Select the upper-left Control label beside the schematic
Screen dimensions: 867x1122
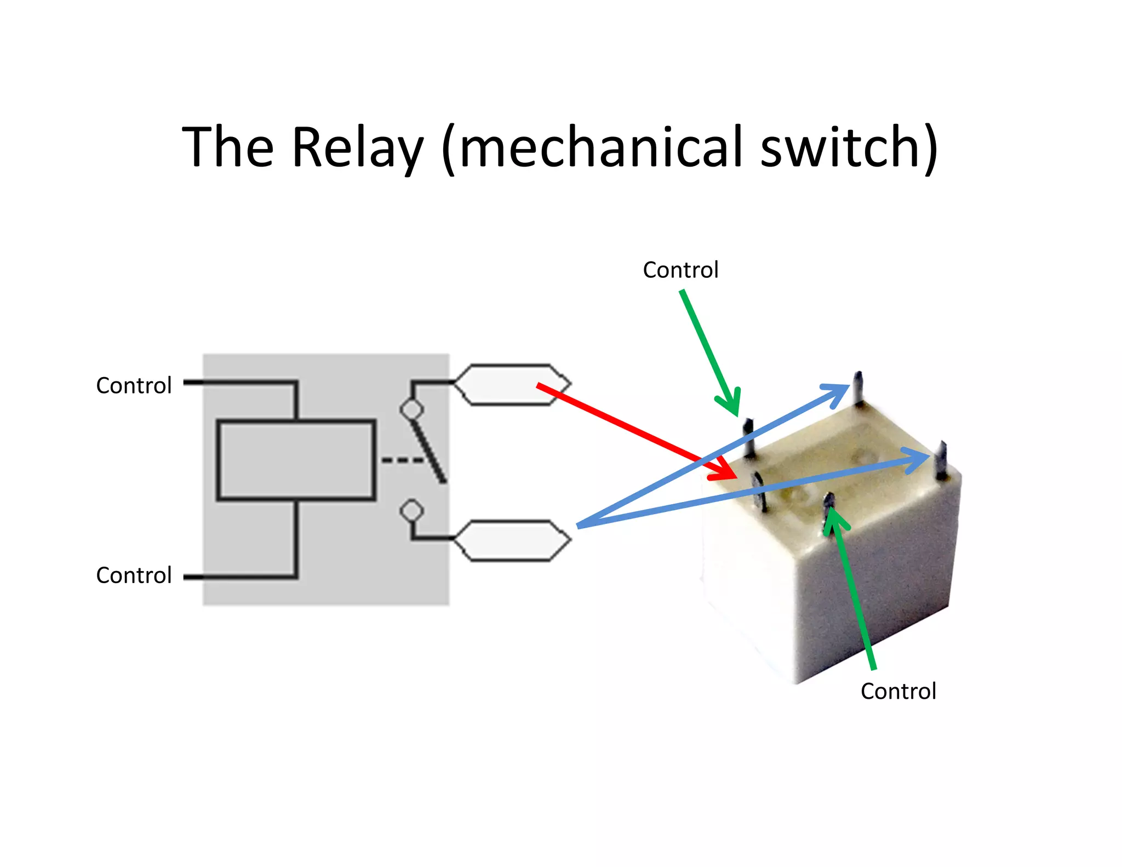click(x=134, y=385)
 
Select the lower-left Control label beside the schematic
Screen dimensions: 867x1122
click(x=134, y=575)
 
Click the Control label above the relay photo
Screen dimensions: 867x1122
click(x=680, y=270)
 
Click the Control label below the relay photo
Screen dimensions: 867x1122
click(x=898, y=691)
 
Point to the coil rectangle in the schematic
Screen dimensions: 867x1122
click(x=296, y=460)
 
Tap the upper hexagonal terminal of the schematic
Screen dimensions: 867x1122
click(x=512, y=384)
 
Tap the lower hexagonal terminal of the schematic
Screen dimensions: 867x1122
click(x=512, y=540)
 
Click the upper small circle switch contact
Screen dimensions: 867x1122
click(x=411, y=409)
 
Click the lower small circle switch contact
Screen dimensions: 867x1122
click(x=411, y=511)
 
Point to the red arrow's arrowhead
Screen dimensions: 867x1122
click(x=726, y=471)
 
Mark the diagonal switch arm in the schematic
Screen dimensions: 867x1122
click(x=430, y=452)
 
